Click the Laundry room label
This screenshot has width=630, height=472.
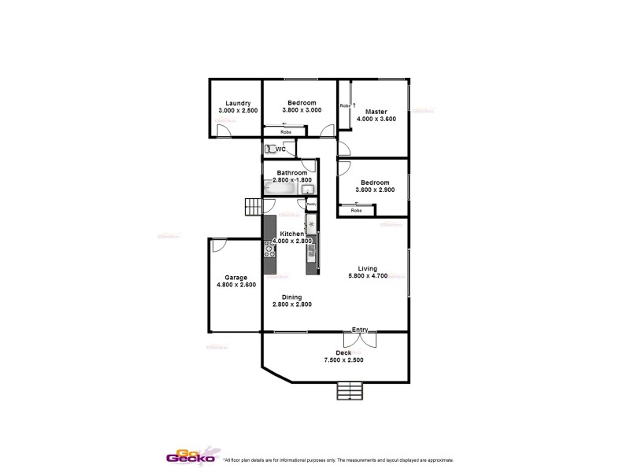238,103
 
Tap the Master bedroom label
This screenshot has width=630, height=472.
376,110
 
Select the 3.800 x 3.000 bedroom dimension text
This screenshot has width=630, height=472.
302,111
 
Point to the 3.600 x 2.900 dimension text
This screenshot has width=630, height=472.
374,190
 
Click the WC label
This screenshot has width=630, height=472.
280,149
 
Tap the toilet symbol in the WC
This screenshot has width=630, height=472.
269,149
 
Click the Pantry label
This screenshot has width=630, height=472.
311,205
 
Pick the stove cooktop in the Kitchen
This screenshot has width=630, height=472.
269,248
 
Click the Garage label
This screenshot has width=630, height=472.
235,277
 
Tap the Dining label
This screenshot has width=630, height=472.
287,297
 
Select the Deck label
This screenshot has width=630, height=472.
343,352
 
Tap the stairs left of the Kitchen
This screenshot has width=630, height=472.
251,207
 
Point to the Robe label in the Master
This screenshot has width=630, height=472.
344,105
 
